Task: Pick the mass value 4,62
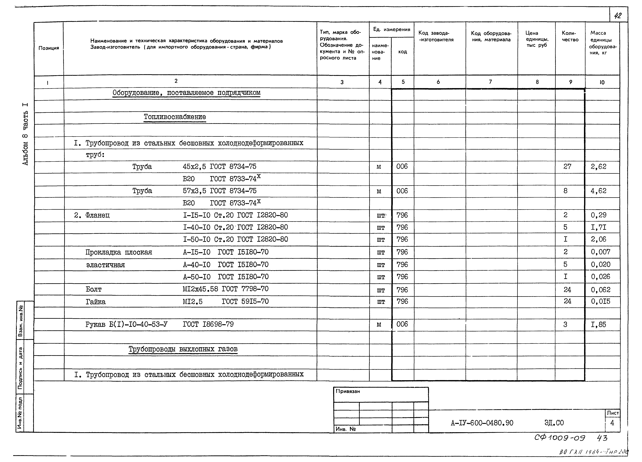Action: click(598, 191)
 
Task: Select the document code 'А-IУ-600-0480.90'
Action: click(482, 423)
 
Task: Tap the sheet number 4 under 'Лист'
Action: click(612, 423)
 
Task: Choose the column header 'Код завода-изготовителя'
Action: click(436, 36)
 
